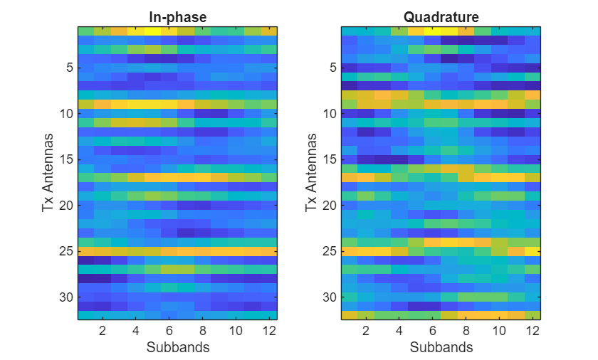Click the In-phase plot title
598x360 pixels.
[x=177, y=17]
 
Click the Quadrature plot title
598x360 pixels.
[x=441, y=17]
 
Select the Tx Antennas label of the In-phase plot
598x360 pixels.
[x=47, y=174]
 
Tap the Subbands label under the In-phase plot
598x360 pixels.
[x=177, y=347]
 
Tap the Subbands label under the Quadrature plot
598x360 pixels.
[x=441, y=347]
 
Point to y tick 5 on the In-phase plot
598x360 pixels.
[x=68, y=68]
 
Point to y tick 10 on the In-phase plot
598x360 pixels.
[x=66, y=114]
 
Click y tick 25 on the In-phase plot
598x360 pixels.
[x=66, y=251]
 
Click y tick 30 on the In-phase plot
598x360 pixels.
[x=66, y=297]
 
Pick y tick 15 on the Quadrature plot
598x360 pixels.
[x=330, y=159]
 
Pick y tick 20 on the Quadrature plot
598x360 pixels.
[x=330, y=206]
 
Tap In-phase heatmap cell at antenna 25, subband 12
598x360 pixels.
[x=268, y=251]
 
